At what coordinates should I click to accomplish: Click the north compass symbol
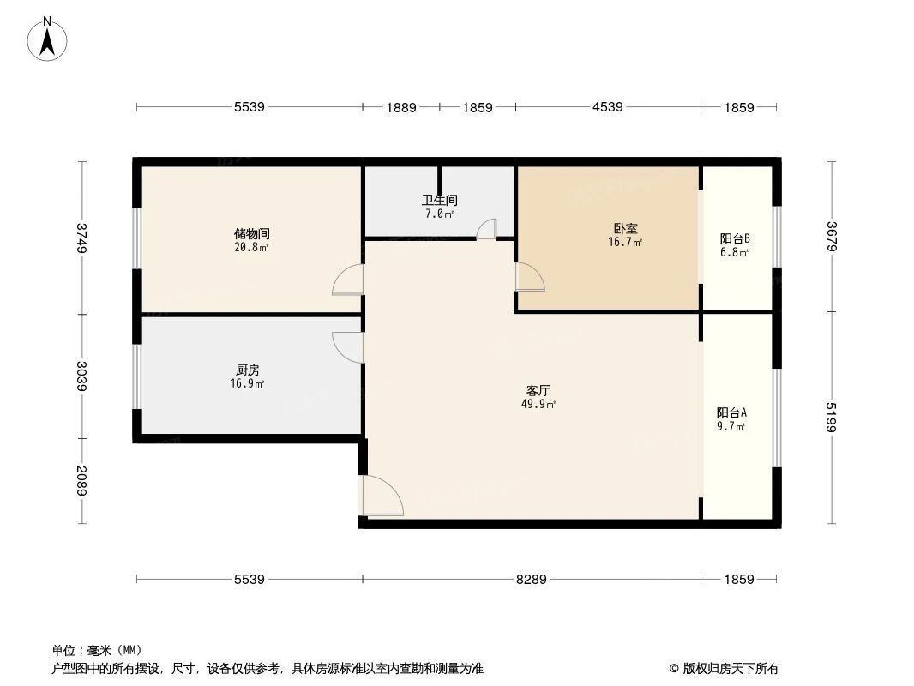click(48, 39)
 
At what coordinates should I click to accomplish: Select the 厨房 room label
click(248, 370)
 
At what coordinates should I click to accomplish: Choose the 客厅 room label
click(538, 390)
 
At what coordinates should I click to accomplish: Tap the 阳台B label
click(735, 238)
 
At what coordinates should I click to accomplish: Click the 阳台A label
click(731, 412)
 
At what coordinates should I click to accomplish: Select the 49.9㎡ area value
click(538, 405)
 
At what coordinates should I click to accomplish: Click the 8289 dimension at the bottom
click(531, 580)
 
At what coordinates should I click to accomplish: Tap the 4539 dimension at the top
click(607, 107)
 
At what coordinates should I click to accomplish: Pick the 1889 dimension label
click(400, 108)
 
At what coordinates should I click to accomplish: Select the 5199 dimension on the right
click(831, 417)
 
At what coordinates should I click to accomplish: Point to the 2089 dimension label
click(81, 481)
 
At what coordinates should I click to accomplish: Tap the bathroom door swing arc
click(486, 228)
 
